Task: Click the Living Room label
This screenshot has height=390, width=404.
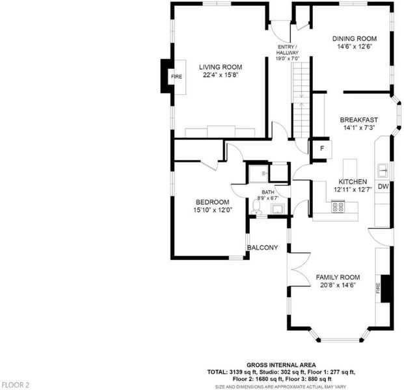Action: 221,67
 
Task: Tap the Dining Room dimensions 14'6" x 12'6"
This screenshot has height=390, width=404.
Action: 355,47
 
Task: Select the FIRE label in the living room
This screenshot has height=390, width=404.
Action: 176,77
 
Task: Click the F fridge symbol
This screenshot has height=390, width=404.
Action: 322,149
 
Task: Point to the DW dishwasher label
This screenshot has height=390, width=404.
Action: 383,187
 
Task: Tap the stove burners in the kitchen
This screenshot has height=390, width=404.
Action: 338,206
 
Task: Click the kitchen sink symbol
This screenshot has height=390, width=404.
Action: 383,170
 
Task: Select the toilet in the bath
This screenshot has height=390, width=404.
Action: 256,207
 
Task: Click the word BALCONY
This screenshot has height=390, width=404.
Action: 263,248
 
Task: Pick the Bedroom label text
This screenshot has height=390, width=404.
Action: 213,202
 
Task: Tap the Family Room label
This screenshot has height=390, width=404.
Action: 338,278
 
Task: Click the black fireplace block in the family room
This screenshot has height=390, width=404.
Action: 386,289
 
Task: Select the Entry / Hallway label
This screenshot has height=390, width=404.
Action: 288,49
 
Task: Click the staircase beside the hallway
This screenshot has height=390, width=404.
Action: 301,100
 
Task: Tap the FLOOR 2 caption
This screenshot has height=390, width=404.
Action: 15,385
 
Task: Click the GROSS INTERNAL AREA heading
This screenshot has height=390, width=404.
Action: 281,365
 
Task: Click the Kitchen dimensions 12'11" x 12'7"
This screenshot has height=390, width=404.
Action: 353,190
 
